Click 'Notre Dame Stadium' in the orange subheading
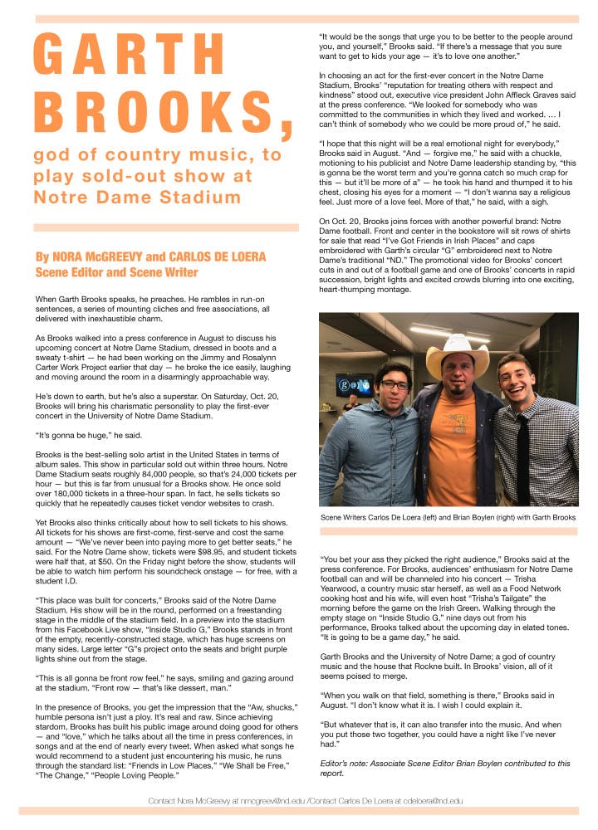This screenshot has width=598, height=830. coord(137,197)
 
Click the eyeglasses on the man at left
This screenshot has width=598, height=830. coord(393,384)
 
